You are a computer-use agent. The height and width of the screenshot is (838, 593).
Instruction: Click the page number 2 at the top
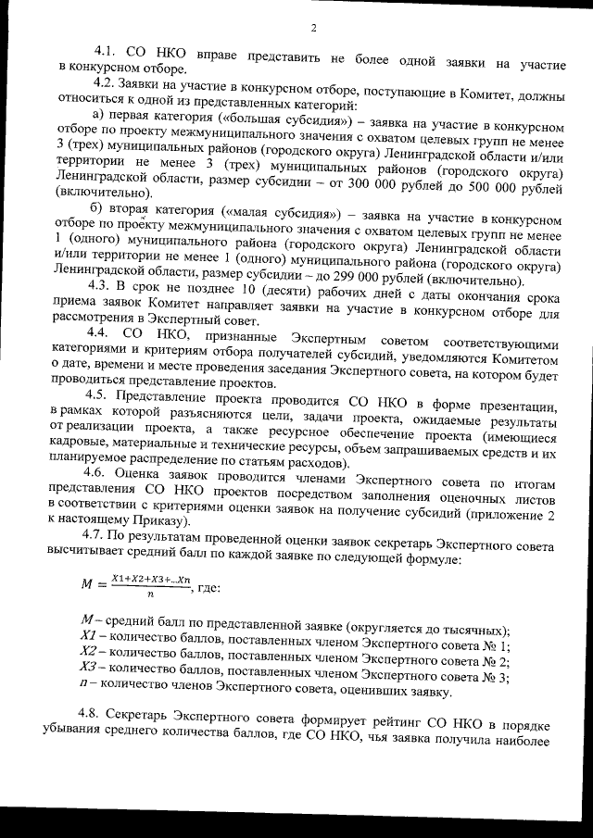(x=313, y=26)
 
